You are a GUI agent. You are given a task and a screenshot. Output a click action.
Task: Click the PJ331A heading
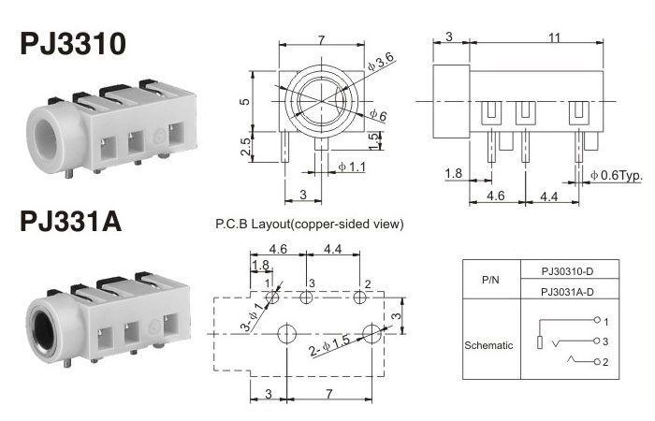[x=71, y=225]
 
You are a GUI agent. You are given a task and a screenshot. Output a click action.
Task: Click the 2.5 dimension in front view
[x=244, y=146]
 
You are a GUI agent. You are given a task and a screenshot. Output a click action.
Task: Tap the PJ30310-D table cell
[x=567, y=270]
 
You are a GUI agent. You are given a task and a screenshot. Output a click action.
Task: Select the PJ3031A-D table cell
[x=567, y=292]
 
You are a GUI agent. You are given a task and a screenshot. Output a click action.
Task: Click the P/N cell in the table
[x=490, y=281]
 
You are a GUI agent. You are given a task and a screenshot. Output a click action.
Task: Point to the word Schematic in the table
[x=489, y=344]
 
